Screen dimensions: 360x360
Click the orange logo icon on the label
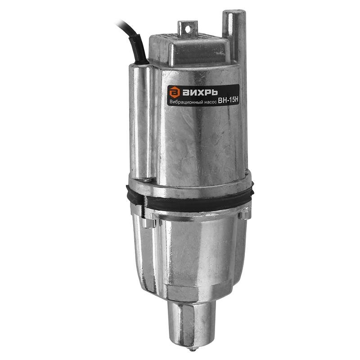(x=175, y=92)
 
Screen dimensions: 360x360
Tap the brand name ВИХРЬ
(x=200, y=93)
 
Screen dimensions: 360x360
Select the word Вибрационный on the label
(x=186, y=102)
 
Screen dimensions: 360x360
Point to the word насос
(x=210, y=103)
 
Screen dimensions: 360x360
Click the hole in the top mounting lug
(x=188, y=29)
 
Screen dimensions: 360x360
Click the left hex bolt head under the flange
(x=149, y=223)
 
